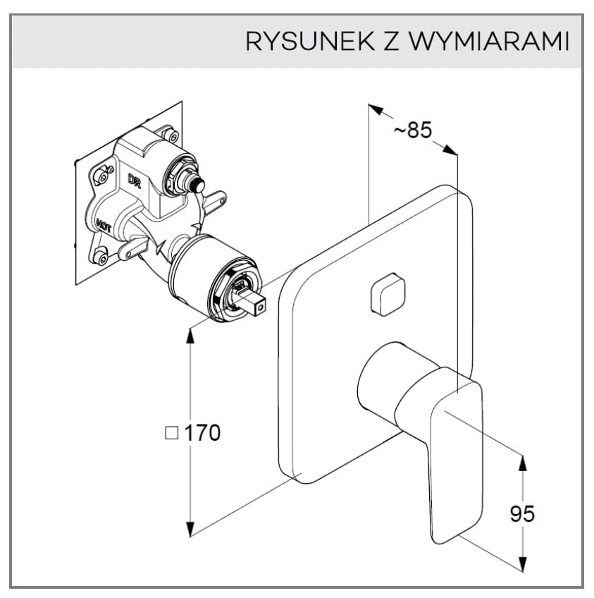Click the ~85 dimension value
(411, 130)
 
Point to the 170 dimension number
(202, 432)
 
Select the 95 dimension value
(522, 513)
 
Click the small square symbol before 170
(171, 433)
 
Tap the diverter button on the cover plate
(387, 294)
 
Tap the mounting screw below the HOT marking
(102, 256)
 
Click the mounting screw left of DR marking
(107, 170)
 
